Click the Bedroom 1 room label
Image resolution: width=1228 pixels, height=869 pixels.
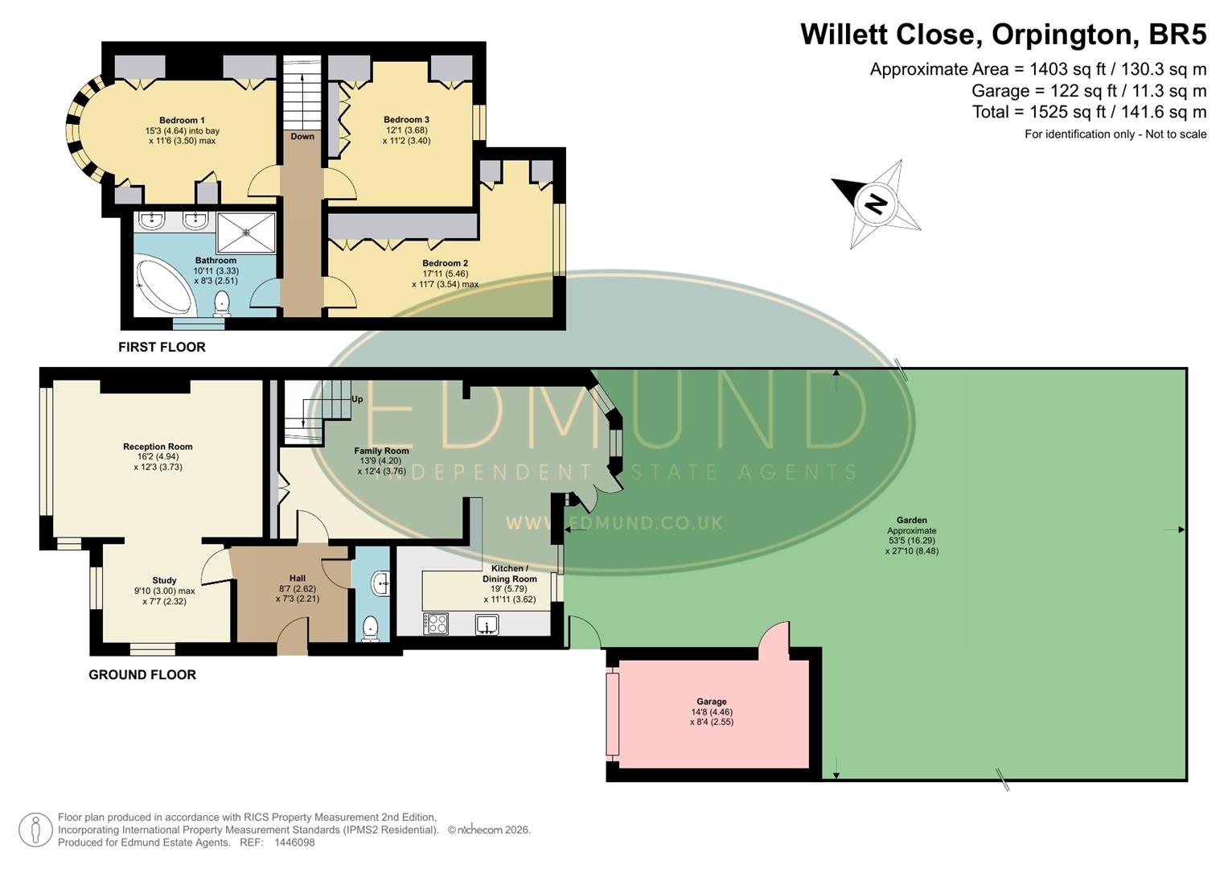(182, 121)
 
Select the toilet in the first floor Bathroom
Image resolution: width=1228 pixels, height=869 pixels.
(222, 303)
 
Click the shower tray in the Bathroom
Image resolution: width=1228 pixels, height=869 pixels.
(246, 232)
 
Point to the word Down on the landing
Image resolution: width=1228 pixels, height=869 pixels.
(302, 136)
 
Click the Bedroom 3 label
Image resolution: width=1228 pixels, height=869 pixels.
(406, 120)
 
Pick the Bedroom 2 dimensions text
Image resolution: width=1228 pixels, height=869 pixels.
(445, 279)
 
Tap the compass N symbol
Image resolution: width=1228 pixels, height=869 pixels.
(876, 203)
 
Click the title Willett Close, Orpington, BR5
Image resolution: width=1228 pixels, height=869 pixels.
(1003, 35)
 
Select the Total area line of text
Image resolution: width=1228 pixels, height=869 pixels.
(1089, 112)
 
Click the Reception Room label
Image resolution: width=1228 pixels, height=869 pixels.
(158, 447)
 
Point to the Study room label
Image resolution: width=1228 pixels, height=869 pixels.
(164, 580)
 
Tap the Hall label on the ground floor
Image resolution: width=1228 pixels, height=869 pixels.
(298, 578)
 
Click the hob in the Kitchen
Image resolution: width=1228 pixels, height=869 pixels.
(436, 624)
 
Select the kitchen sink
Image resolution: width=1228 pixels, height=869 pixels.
(487, 624)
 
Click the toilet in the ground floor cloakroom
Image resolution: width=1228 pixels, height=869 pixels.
(371, 628)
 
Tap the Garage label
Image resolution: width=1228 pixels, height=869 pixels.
(711, 702)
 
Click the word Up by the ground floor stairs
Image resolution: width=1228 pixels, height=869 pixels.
(357, 399)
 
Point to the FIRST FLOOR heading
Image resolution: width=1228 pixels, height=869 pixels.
(162, 347)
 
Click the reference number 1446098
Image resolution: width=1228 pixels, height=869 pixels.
(294, 842)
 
